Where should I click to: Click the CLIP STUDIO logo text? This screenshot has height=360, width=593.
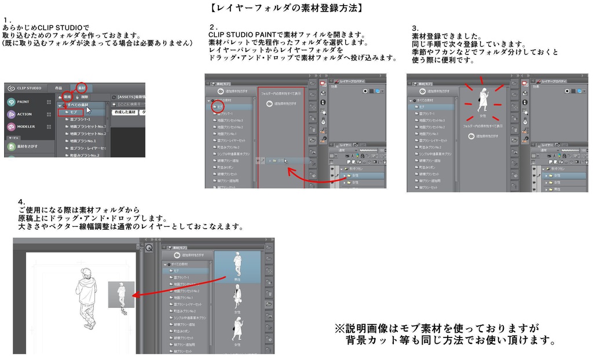pyautogui.click(x=29, y=88)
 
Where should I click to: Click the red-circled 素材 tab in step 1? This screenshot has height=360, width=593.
pyautogui.click(x=82, y=87)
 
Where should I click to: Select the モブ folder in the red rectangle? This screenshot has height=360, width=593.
pyautogui.click(x=74, y=112)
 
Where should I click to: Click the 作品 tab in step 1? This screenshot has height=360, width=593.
pyautogui.click(x=58, y=88)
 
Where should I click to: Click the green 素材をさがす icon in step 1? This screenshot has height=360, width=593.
pyautogui.click(x=12, y=146)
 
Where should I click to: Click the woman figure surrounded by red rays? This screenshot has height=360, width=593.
pyautogui.click(x=482, y=100)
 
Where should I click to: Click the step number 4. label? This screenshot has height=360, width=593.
pyautogui.click(x=21, y=202)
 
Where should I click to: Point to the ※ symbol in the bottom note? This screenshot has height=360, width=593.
pyautogui.click(x=340, y=328)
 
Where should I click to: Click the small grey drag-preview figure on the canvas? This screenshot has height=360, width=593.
pyautogui.click(x=121, y=294)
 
